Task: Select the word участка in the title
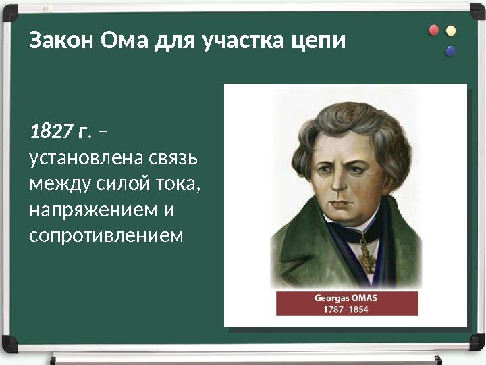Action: tap(232, 41)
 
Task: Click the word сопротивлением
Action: tap(106, 235)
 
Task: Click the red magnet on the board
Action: tap(434, 30)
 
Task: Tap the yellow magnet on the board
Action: tap(451, 30)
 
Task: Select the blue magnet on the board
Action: tap(450, 51)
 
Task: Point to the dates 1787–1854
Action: tap(347, 309)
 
